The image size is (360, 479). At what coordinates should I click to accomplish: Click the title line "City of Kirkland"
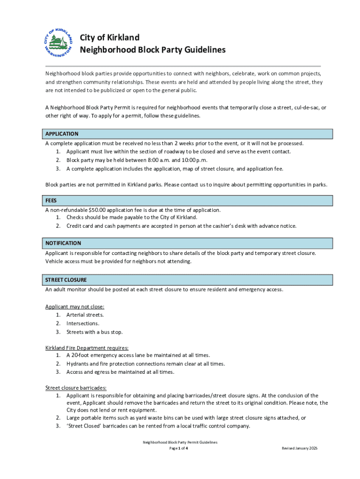coord(109,37)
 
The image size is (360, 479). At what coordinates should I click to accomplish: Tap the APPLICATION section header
coord(62,134)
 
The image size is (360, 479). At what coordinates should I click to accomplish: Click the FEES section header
coord(51,201)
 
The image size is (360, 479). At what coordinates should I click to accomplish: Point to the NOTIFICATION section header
coord(63,243)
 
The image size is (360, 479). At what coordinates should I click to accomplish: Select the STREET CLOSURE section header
coord(66,280)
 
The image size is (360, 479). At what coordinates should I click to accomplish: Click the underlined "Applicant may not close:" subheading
coord(75,307)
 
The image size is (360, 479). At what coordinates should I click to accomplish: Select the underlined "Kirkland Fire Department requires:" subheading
coord(86,348)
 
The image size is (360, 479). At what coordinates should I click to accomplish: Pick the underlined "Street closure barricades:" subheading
coord(76,388)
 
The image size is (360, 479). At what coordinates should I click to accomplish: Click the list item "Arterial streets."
coord(85,315)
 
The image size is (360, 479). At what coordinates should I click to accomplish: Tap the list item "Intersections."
coord(83,323)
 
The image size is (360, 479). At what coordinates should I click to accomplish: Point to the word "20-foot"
coord(81,355)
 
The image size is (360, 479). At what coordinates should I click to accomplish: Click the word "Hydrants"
coord(78,363)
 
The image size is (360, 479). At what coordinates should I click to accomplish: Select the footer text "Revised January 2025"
coord(299,448)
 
